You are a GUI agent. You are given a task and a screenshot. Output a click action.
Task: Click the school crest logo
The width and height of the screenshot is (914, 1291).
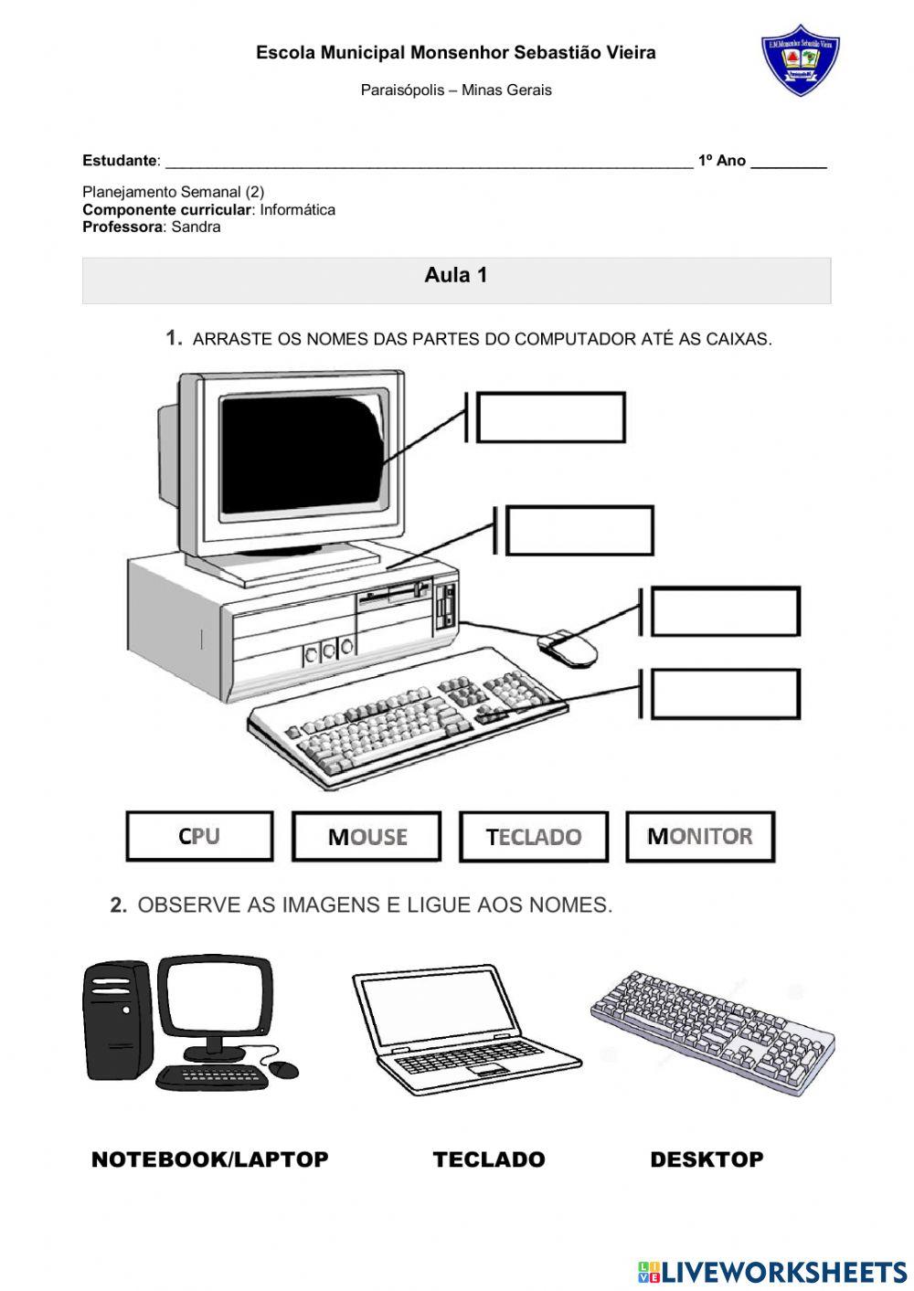pyautogui.click(x=800, y=59)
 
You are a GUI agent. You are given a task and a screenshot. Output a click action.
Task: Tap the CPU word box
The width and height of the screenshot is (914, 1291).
pyautogui.click(x=199, y=836)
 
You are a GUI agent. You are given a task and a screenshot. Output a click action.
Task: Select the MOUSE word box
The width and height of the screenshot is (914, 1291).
pyautogui.click(x=367, y=836)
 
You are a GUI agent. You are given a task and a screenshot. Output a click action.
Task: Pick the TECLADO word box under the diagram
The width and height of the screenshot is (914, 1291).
pyautogui.click(x=534, y=836)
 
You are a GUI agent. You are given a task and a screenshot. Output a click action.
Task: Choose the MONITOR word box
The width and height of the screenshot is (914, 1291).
pyautogui.click(x=700, y=836)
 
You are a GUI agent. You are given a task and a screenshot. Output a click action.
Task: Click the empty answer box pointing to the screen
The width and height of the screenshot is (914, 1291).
pyautogui.click(x=551, y=418)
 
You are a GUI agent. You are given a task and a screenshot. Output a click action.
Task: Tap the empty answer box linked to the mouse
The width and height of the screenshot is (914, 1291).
pyautogui.click(x=725, y=611)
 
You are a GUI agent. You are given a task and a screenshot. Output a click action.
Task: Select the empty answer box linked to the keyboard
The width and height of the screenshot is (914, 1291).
pyautogui.click(x=725, y=693)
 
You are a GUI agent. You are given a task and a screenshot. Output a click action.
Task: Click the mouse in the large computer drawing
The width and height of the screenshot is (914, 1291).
pyautogui.click(x=569, y=648)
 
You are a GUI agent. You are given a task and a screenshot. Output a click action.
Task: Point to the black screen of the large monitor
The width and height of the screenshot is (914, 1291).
pyautogui.click(x=302, y=454)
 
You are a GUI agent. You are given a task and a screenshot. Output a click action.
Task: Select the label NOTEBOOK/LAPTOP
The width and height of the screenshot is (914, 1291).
pyautogui.click(x=209, y=1159)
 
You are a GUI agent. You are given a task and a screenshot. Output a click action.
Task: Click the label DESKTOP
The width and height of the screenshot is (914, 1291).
pyautogui.click(x=707, y=1159)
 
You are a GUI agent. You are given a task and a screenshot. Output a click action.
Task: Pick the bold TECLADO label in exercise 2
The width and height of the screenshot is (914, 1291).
pyautogui.click(x=489, y=1159)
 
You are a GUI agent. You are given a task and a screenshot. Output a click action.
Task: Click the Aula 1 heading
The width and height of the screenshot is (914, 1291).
pyautogui.click(x=456, y=275)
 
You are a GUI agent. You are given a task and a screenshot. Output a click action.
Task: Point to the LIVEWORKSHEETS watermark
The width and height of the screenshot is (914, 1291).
pyautogui.click(x=772, y=1271)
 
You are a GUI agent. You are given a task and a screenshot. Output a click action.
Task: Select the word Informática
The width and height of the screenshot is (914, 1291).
pyautogui.click(x=297, y=210)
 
